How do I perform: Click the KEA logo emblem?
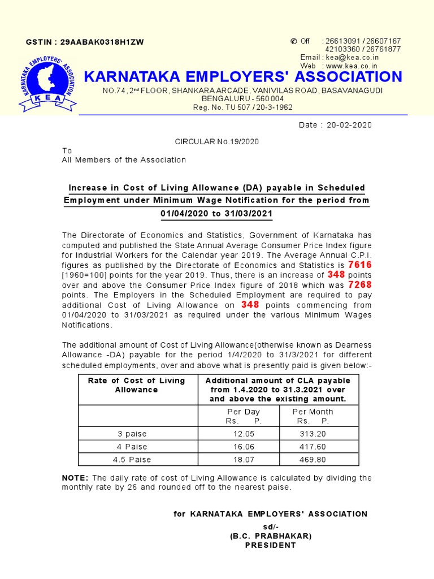pyautogui.click(x=47, y=84)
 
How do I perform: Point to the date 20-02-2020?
pyautogui.click(x=349, y=125)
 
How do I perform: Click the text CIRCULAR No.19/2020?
pyautogui.click(x=217, y=142)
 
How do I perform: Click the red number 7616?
pyautogui.click(x=360, y=265)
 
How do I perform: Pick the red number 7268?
pyautogui.click(x=360, y=284)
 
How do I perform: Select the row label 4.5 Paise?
pyautogui.click(x=132, y=460)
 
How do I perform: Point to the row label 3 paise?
pyautogui.click(x=132, y=434)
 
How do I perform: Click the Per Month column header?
pyautogui.click(x=313, y=412)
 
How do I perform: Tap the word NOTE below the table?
pyautogui.click(x=75, y=478)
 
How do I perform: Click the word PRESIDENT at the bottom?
pyautogui.click(x=270, y=545)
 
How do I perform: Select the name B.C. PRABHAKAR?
pyautogui.click(x=270, y=535)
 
